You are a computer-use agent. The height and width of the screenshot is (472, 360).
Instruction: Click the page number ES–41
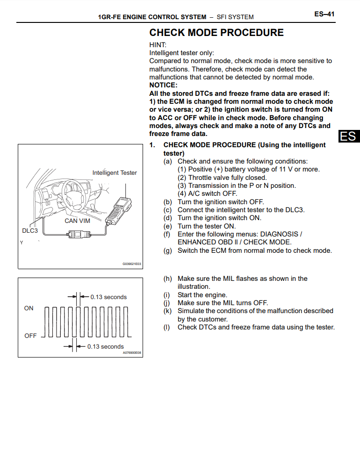pos(324,14)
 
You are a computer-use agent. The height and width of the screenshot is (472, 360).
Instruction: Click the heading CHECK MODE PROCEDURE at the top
pos(216,33)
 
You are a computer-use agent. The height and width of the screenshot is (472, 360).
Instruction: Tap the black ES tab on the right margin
pos(348,136)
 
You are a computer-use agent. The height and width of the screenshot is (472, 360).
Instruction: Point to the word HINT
pos(158,45)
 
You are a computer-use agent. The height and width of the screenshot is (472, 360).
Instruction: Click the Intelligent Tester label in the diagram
pos(115,172)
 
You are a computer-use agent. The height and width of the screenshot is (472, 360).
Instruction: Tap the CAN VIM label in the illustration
pos(77,221)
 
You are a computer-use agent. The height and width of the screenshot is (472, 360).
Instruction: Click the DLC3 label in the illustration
pos(30,230)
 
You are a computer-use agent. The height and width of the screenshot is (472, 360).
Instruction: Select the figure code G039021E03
pos(131,264)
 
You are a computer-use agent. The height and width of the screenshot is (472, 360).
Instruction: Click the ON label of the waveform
pos(29,308)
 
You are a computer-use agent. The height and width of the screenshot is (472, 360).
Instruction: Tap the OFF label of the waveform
pos(30,336)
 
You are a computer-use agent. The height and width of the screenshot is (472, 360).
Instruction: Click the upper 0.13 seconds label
pos(108,297)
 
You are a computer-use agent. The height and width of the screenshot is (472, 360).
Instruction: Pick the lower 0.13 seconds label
pos(106,346)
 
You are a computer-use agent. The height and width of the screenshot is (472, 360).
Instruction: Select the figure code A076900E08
pos(131,353)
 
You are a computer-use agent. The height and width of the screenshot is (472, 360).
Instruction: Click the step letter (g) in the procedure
pos(167,250)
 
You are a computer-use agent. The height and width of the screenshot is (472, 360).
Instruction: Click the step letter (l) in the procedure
pos(167,327)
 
